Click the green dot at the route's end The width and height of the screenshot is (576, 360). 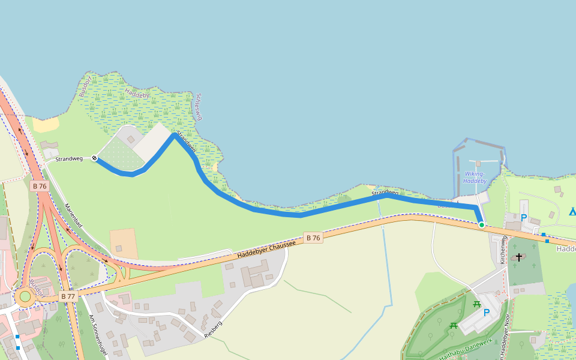481,225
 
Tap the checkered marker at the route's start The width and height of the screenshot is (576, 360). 94,158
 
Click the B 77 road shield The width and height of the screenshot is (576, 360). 68,296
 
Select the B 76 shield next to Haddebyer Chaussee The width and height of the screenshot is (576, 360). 313,238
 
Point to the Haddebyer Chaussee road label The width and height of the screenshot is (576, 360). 266,248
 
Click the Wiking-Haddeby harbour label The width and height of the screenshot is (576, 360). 475,177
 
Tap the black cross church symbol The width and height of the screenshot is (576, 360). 519,257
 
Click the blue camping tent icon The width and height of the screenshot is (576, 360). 572,211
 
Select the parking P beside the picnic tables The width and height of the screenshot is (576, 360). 487,313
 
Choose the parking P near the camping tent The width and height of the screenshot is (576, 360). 524,218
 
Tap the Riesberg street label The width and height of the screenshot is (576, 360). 213,329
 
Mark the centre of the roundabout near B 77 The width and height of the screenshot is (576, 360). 25,295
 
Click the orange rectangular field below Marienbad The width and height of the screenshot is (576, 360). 124,243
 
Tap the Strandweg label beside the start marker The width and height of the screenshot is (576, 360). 69,159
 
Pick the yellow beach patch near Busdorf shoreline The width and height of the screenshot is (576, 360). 46,125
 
